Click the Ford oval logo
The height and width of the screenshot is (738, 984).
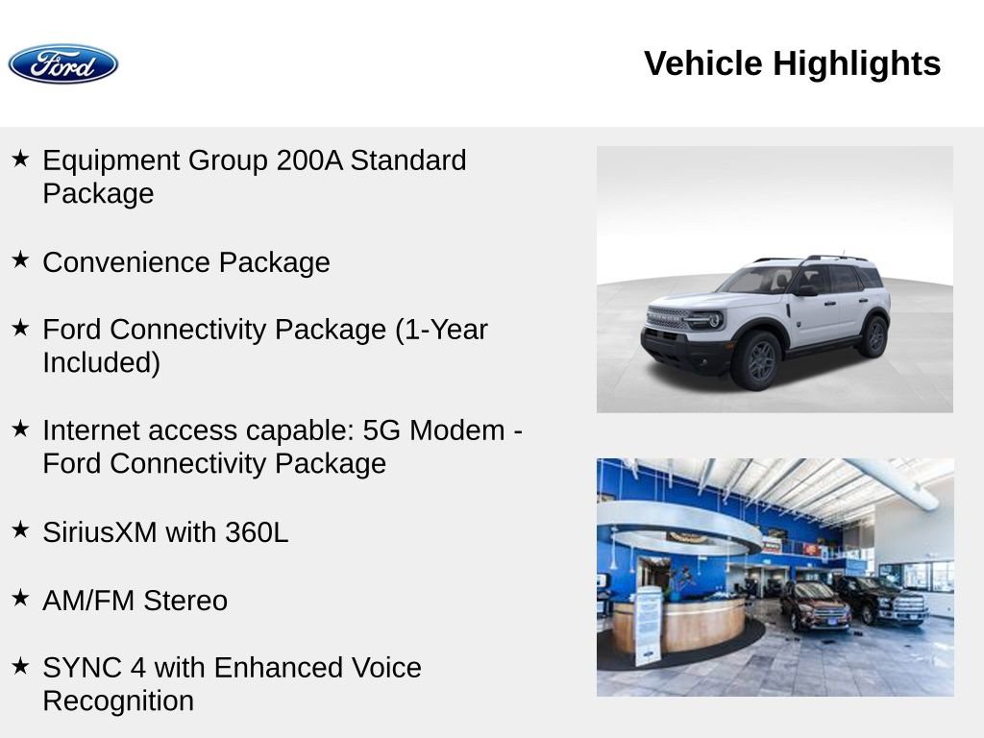point(63,64)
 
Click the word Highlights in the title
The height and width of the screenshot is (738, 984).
point(856,64)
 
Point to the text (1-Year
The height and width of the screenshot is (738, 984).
point(441,330)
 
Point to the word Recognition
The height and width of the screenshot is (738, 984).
point(118,701)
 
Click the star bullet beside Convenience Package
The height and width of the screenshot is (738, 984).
point(20,259)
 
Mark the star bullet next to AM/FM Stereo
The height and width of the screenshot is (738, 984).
point(20,598)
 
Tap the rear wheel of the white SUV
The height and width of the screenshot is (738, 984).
point(873,337)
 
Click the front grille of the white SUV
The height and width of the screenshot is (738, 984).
point(669,319)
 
